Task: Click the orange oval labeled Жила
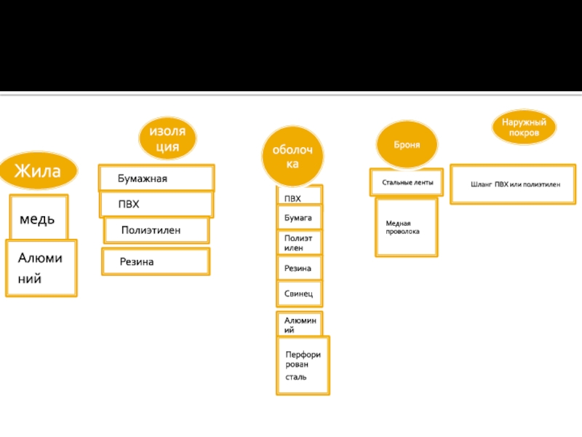point(39,170)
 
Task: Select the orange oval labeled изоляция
point(167,138)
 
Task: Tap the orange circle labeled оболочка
point(292,156)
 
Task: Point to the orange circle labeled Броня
point(407,144)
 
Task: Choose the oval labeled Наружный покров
point(524,127)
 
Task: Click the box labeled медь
point(39,217)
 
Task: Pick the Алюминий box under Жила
point(41,268)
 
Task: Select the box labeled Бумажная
point(156,178)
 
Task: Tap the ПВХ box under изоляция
point(156,204)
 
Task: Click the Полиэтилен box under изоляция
point(156,230)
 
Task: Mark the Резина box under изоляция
point(156,261)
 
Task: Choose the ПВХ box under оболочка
point(300,195)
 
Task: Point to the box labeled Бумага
point(300,217)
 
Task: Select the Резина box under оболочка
point(300,268)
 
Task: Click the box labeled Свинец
point(300,294)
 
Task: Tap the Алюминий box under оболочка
point(300,324)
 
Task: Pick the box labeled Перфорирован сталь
point(303,366)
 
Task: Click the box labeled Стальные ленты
point(407,182)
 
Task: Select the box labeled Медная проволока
point(407,227)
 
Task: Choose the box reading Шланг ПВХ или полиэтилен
point(513,184)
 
